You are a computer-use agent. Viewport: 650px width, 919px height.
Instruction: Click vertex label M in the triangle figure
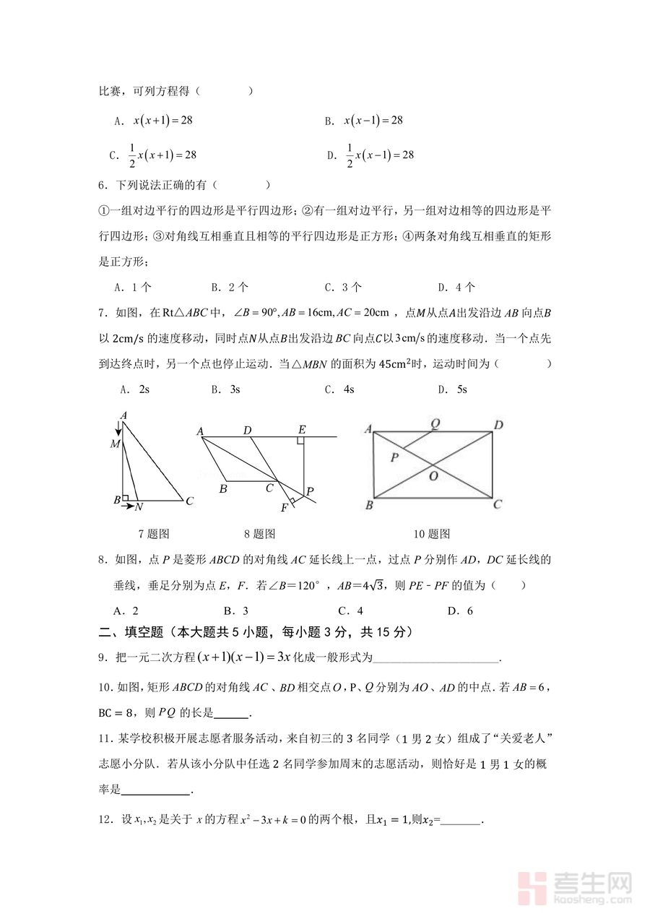point(115,444)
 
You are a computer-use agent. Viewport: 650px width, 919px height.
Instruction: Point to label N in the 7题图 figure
point(139,507)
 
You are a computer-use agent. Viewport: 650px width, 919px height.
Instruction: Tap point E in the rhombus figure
point(302,430)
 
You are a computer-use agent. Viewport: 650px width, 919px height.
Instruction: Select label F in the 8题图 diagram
point(285,507)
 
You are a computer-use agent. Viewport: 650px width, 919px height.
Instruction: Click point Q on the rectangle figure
point(435,424)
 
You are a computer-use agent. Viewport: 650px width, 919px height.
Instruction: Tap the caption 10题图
point(432,534)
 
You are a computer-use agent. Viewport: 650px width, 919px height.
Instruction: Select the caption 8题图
point(259,534)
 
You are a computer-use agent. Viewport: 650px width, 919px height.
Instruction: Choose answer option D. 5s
point(453,389)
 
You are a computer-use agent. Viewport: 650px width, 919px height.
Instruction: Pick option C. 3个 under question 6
point(343,287)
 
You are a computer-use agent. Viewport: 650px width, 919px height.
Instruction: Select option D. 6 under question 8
point(460,610)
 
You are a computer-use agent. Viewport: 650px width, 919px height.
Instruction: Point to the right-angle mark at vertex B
point(126,497)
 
